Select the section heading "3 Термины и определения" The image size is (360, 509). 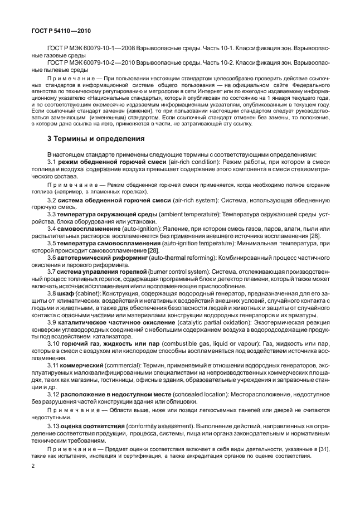coord(96,138)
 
